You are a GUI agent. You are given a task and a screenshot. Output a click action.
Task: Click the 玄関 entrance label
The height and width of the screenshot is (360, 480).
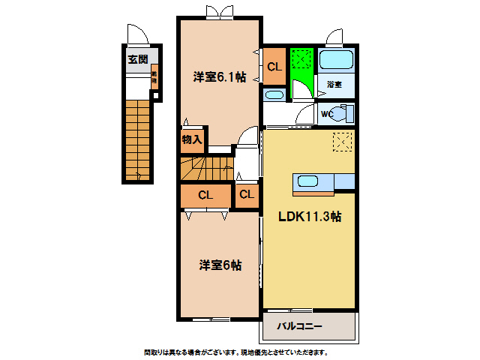(x=137, y=60)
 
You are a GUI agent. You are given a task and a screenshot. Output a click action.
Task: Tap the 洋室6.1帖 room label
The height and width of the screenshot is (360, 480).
(x=219, y=76)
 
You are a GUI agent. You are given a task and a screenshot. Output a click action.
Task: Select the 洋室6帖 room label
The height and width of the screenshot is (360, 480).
(x=220, y=265)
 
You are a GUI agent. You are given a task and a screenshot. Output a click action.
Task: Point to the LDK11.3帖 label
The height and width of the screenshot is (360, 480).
(x=310, y=217)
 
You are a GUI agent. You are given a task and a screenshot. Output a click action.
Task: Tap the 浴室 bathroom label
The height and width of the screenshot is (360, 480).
(x=334, y=85)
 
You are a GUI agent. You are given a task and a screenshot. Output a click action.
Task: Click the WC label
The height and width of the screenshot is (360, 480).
(x=327, y=114)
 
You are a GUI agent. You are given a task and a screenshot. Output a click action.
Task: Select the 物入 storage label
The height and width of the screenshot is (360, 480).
(x=192, y=139)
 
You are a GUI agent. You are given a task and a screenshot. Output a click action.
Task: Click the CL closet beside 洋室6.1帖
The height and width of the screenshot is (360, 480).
(x=274, y=67)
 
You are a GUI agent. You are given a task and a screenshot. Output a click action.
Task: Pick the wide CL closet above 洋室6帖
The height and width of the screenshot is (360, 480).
(x=205, y=195)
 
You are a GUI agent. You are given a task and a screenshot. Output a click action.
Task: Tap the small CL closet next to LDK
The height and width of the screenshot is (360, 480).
(x=247, y=195)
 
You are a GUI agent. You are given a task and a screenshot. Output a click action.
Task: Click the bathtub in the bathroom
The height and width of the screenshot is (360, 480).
(x=335, y=61)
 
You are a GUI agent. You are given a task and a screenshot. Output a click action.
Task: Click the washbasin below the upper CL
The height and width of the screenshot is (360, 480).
(x=274, y=94)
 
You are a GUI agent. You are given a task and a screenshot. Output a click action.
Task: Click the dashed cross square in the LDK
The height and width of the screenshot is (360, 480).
(x=342, y=142)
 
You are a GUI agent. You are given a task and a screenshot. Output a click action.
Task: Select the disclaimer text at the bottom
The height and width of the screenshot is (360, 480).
(x=235, y=352)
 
